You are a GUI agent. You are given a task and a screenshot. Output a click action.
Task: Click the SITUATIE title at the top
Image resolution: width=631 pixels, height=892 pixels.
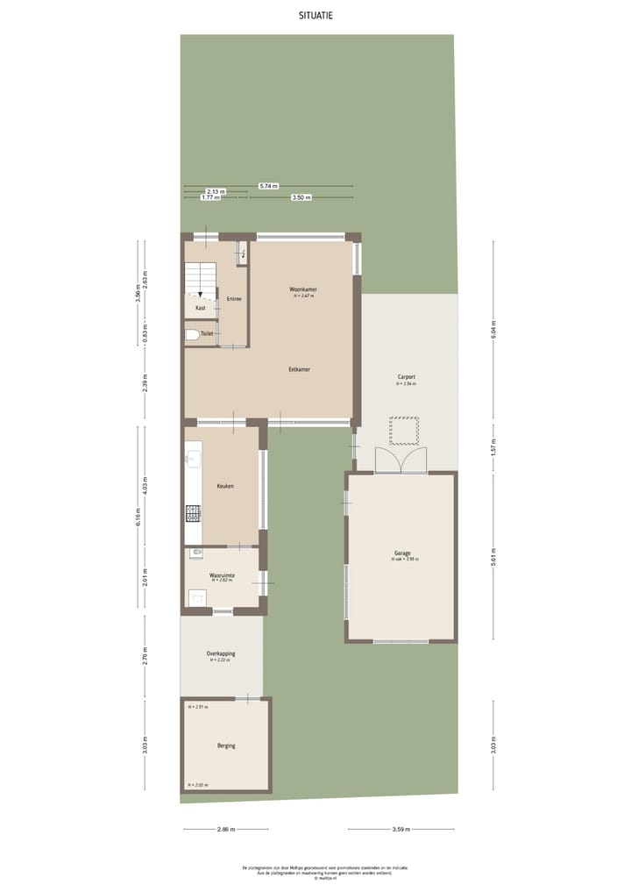[315, 15]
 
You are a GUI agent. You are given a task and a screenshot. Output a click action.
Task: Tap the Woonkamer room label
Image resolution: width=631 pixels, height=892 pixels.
[303, 289]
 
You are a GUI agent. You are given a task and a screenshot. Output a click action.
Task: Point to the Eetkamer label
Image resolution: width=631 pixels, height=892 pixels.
[300, 369]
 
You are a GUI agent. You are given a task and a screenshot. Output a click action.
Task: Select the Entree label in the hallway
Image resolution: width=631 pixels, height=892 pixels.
[234, 300]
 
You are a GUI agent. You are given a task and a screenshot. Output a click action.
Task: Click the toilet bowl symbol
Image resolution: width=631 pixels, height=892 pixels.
[191, 334]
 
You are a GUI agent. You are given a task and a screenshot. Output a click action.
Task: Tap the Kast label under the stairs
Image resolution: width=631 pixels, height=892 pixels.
[201, 308]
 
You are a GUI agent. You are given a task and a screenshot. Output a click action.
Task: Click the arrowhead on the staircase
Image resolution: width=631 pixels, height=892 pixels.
[201, 295]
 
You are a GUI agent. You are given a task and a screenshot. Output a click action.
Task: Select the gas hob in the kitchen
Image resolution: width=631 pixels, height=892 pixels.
[193, 514]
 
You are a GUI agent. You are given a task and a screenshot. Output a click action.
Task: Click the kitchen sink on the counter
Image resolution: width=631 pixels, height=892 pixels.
[193, 456]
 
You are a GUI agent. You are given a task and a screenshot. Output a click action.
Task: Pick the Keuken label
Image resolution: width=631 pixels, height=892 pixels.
[225, 486]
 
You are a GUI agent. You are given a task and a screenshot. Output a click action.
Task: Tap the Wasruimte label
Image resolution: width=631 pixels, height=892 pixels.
[221, 575]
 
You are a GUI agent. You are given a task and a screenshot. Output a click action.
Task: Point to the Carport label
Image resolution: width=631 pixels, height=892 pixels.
[406, 377]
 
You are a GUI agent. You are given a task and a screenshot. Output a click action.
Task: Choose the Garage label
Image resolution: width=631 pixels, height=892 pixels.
[402, 553]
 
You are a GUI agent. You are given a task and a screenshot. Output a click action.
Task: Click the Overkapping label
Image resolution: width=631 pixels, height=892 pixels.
[221, 653]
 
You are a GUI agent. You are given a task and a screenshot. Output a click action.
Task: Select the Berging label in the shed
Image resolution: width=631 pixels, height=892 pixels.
[226, 746]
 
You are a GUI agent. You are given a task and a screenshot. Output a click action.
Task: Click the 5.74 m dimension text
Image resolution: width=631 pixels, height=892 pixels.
[269, 186]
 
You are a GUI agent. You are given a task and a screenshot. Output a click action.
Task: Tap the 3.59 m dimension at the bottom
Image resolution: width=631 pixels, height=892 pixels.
[402, 829]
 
